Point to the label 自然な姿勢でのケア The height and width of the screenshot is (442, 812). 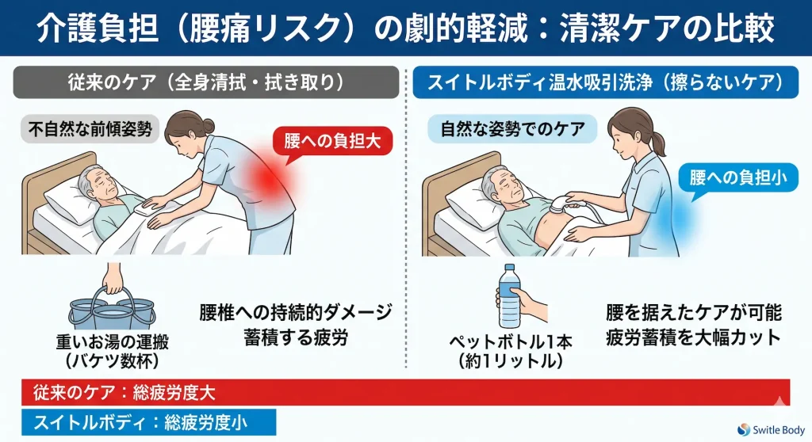[511, 128]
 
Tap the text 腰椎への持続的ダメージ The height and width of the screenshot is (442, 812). [296, 311]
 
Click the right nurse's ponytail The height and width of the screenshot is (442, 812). [657, 143]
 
